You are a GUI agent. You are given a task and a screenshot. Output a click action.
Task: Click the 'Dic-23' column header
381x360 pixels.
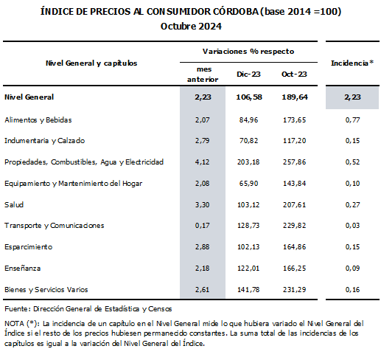248,74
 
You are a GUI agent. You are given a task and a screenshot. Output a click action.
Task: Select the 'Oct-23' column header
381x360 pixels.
294,74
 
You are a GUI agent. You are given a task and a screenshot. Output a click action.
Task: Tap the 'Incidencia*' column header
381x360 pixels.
352,63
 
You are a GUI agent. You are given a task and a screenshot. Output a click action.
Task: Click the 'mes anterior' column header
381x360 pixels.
203,75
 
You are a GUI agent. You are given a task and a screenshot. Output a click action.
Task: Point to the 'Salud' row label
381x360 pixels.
14,204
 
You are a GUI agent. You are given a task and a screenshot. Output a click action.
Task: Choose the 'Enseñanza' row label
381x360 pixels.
23,268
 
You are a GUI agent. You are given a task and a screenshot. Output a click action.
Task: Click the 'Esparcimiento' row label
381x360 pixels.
29,247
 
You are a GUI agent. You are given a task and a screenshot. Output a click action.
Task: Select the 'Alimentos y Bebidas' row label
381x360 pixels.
38,120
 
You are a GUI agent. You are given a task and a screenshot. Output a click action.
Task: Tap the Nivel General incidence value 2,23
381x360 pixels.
352,97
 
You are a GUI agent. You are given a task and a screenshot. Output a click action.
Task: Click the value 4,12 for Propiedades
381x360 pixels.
202,162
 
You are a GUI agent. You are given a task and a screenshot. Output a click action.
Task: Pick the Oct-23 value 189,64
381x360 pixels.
295,97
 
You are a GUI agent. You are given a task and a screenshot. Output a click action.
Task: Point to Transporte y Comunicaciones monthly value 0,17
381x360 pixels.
202,226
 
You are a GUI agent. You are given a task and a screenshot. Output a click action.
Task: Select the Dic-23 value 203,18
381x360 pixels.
248,162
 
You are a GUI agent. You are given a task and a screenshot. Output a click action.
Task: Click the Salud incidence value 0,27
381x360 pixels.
352,204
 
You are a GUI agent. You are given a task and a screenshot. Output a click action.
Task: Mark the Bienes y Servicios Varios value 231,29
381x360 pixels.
294,289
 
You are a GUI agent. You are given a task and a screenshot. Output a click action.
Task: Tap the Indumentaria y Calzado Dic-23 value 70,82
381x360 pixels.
248,141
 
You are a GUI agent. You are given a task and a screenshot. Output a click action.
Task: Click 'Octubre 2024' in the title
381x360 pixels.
191,26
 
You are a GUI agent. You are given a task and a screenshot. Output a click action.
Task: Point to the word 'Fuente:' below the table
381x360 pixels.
18,309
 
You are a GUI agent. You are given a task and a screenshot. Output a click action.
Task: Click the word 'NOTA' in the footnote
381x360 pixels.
14,323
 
